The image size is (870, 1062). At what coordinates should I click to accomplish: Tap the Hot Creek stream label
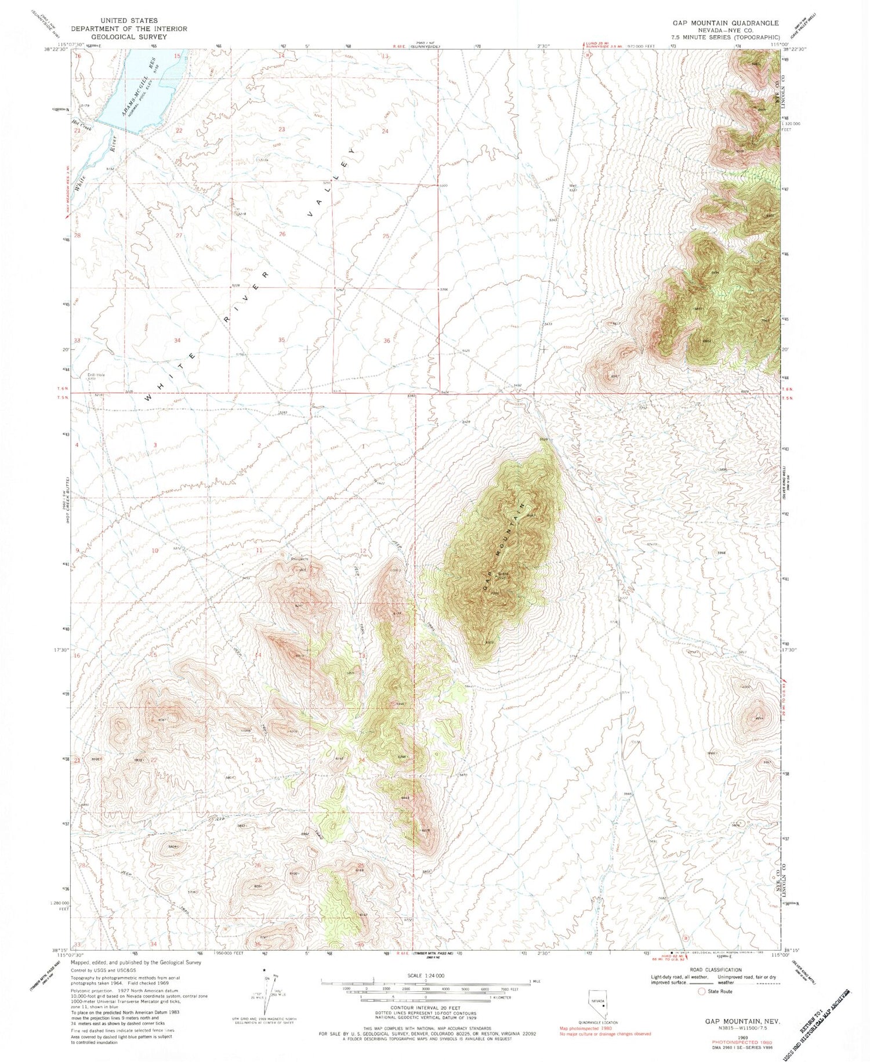pyautogui.click(x=82, y=124)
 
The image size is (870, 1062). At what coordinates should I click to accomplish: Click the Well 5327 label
pyautogui.click(x=573, y=189)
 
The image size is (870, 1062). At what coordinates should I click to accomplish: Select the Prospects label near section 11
pyautogui.click(x=299, y=559)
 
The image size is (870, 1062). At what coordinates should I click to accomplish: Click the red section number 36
pyautogui.click(x=387, y=341)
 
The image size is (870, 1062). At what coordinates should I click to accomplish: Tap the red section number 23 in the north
pyautogui.click(x=282, y=129)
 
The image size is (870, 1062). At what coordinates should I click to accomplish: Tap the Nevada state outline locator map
pyautogui.click(x=597, y=1006)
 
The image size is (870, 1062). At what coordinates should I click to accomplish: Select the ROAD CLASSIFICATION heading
pyautogui.click(x=716, y=969)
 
